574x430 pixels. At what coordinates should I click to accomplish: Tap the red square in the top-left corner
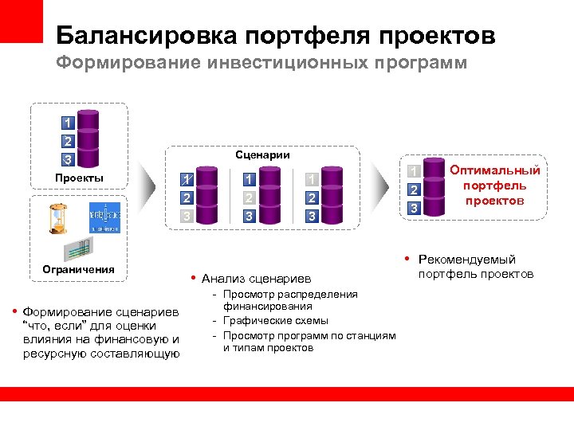[21, 21]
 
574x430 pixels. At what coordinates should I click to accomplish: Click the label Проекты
[79, 177]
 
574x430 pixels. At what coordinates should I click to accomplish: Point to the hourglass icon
[57, 217]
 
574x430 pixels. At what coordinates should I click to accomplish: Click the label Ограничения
[79, 269]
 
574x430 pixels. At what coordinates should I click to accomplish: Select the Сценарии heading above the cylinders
[263, 154]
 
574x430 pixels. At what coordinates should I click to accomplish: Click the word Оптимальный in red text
[495, 170]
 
